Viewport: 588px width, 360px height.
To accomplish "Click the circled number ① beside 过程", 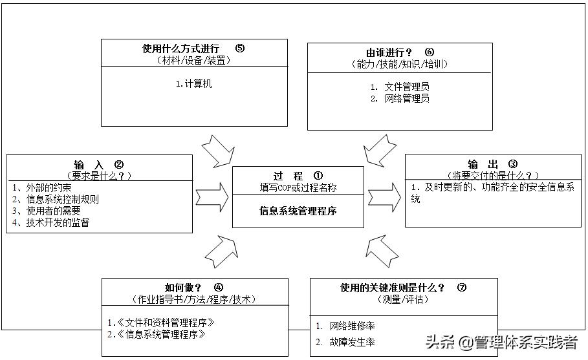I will [318, 176].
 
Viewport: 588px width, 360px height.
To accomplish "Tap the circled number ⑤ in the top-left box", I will [240, 48].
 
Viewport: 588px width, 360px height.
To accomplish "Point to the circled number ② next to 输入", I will [119, 165].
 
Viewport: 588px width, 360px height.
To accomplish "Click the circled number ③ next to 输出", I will [513, 164].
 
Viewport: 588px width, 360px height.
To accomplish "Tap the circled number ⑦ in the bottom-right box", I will [461, 288].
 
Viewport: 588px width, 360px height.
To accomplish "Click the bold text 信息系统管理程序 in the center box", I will [298, 211].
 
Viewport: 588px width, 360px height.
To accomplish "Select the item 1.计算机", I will [194, 83].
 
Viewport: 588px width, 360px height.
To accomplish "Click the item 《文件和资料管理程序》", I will [160, 322].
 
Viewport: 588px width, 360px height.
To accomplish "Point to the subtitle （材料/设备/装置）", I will [193, 61].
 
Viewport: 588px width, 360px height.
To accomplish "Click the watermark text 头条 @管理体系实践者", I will [499, 341].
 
